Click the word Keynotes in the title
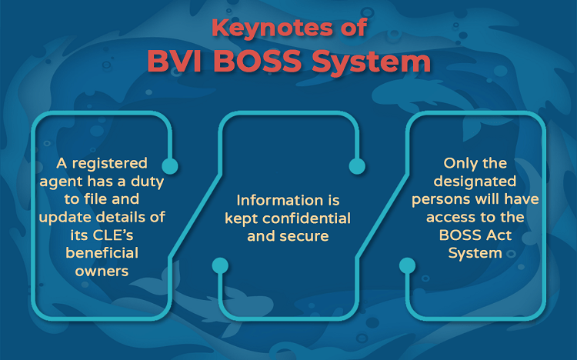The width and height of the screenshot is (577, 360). (272, 28)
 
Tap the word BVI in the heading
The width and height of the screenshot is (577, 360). (175, 61)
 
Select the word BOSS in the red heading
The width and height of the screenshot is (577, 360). (258, 61)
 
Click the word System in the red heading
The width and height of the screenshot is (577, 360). (372, 62)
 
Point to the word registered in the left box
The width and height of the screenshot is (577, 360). (110, 163)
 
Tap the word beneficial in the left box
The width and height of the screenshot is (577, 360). (102, 253)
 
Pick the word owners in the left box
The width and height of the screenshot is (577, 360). (102, 272)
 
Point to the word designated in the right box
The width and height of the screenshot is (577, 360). (475, 182)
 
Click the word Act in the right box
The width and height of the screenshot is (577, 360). (499, 235)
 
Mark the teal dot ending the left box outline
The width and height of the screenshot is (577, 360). (170, 166)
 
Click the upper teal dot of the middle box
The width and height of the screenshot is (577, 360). (357, 166)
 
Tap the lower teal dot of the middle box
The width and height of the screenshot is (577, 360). (220, 265)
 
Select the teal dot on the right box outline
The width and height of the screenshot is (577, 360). (407, 265)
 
